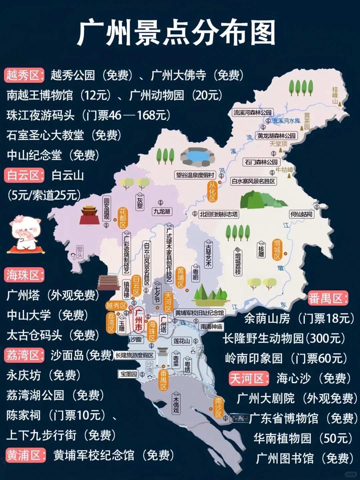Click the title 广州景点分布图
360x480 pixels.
click(177, 33)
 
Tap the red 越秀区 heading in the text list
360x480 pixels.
click(24, 75)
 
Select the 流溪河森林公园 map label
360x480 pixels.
click(253, 113)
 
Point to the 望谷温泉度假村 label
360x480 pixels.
click(195, 175)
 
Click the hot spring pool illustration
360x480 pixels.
click(197, 156)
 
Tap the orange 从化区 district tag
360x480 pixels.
click(212, 191)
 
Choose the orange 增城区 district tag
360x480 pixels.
click(277, 249)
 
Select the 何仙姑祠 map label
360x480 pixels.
click(301, 214)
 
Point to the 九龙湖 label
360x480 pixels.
click(162, 211)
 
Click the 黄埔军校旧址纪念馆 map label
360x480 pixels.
click(200, 313)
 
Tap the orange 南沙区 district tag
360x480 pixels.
click(218, 407)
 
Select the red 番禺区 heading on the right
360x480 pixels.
click(328, 298)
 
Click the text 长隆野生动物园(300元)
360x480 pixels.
click(284, 338)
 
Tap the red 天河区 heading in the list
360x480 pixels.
click(249, 378)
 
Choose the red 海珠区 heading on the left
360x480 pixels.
click(24, 275)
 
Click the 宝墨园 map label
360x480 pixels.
click(129, 374)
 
